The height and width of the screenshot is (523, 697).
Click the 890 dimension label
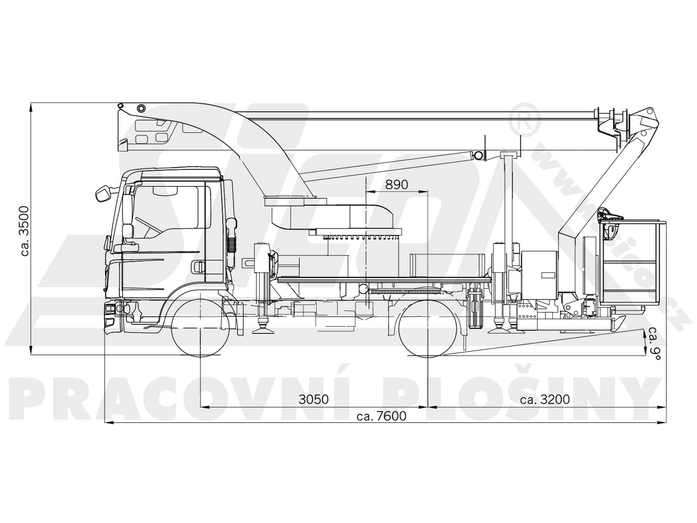(x=396, y=185)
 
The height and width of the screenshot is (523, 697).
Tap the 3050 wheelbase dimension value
(x=314, y=399)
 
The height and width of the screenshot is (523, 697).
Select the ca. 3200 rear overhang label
(x=545, y=399)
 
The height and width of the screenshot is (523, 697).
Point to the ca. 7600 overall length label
(x=381, y=415)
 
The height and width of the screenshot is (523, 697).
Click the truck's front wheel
(x=200, y=328)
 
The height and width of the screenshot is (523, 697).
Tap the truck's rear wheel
(x=428, y=328)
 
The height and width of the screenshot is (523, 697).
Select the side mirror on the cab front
(x=102, y=193)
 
